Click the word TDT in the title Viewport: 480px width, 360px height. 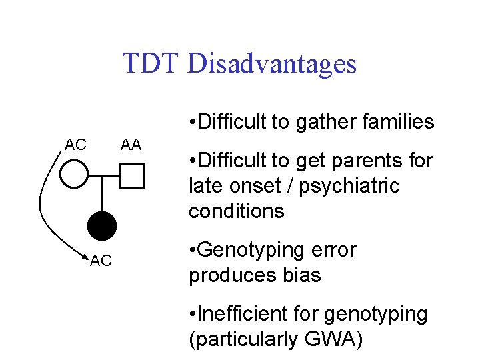pos(151,64)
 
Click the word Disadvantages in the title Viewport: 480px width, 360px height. pos(273,64)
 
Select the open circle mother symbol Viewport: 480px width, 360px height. pos(74,176)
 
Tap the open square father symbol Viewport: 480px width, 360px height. pos(133,177)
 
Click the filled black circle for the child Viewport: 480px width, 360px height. pos(103,226)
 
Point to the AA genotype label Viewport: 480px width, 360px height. pos(131,144)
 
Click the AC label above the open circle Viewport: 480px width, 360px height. pos(75,144)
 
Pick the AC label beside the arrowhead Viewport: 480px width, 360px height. pos(101,261)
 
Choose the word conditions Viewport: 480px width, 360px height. pos(237,211)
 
